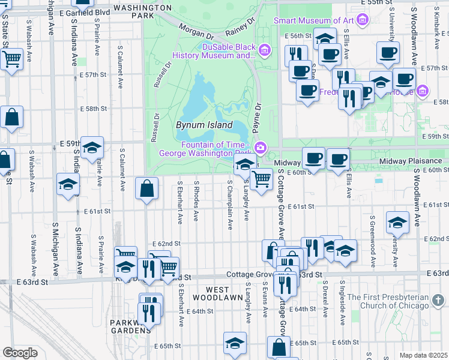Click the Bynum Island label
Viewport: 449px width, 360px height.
[x=203, y=125]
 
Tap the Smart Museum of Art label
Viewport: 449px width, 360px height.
[x=313, y=20]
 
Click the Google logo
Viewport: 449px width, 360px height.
[x=19, y=353]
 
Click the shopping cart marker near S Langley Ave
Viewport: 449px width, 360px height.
[x=261, y=179]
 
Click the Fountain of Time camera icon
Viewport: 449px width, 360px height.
[x=261, y=148]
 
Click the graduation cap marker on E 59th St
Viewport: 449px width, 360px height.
[x=92, y=147]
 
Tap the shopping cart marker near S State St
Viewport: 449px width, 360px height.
[x=11, y=59]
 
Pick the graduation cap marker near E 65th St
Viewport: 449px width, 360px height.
[x=235, y=343]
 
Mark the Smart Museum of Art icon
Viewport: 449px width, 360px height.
[x=361, y=20]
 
